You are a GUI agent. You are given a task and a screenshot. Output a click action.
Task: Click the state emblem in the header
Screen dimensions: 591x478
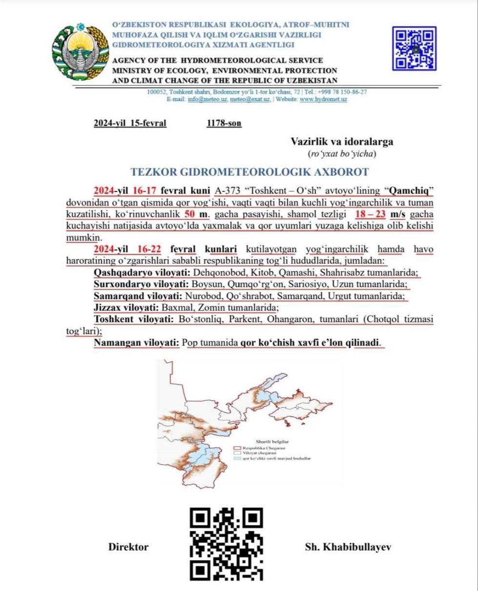coord(79,51)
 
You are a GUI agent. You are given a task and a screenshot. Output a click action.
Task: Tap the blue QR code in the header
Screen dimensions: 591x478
coord(414,48)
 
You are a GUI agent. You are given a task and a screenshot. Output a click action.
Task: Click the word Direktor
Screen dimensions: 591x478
coord(128,547)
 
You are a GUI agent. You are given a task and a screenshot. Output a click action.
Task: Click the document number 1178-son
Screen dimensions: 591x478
coord(224,123)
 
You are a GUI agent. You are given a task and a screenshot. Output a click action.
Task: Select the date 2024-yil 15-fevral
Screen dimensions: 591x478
coord(130,123)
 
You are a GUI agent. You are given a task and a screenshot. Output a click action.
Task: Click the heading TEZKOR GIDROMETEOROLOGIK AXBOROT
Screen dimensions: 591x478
coord(250,171)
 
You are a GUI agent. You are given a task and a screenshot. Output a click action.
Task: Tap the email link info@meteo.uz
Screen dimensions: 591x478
coord(201,99)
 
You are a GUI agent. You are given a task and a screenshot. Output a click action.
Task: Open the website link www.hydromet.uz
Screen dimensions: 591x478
coord(323,99)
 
